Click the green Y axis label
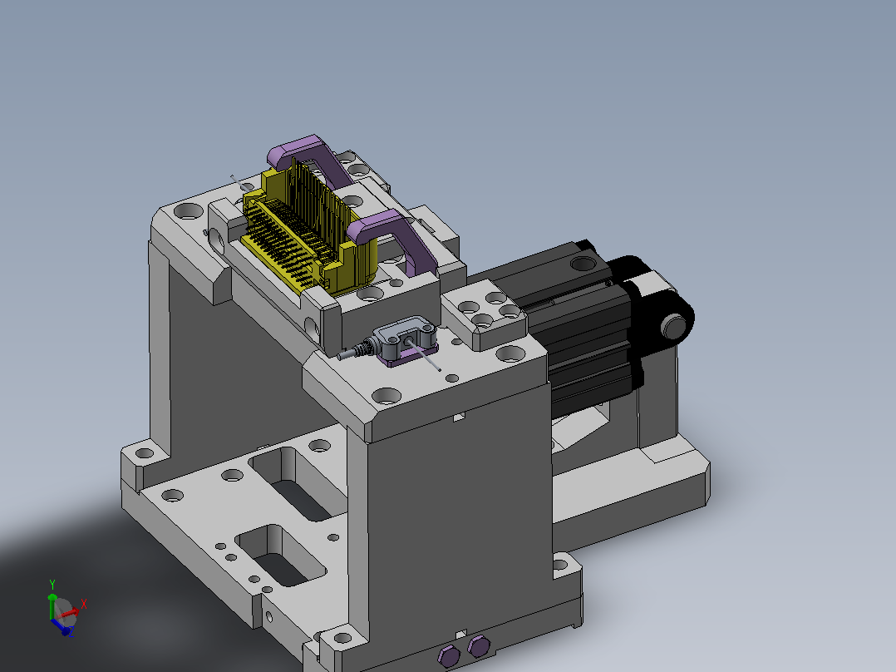[x=52, y=585]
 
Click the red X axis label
[x=84, y=604]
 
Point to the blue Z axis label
[x=71, y=633]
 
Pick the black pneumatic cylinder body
[x=577, y=326]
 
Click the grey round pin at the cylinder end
[x=674, y=327]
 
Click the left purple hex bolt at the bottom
[x=449, y=656]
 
